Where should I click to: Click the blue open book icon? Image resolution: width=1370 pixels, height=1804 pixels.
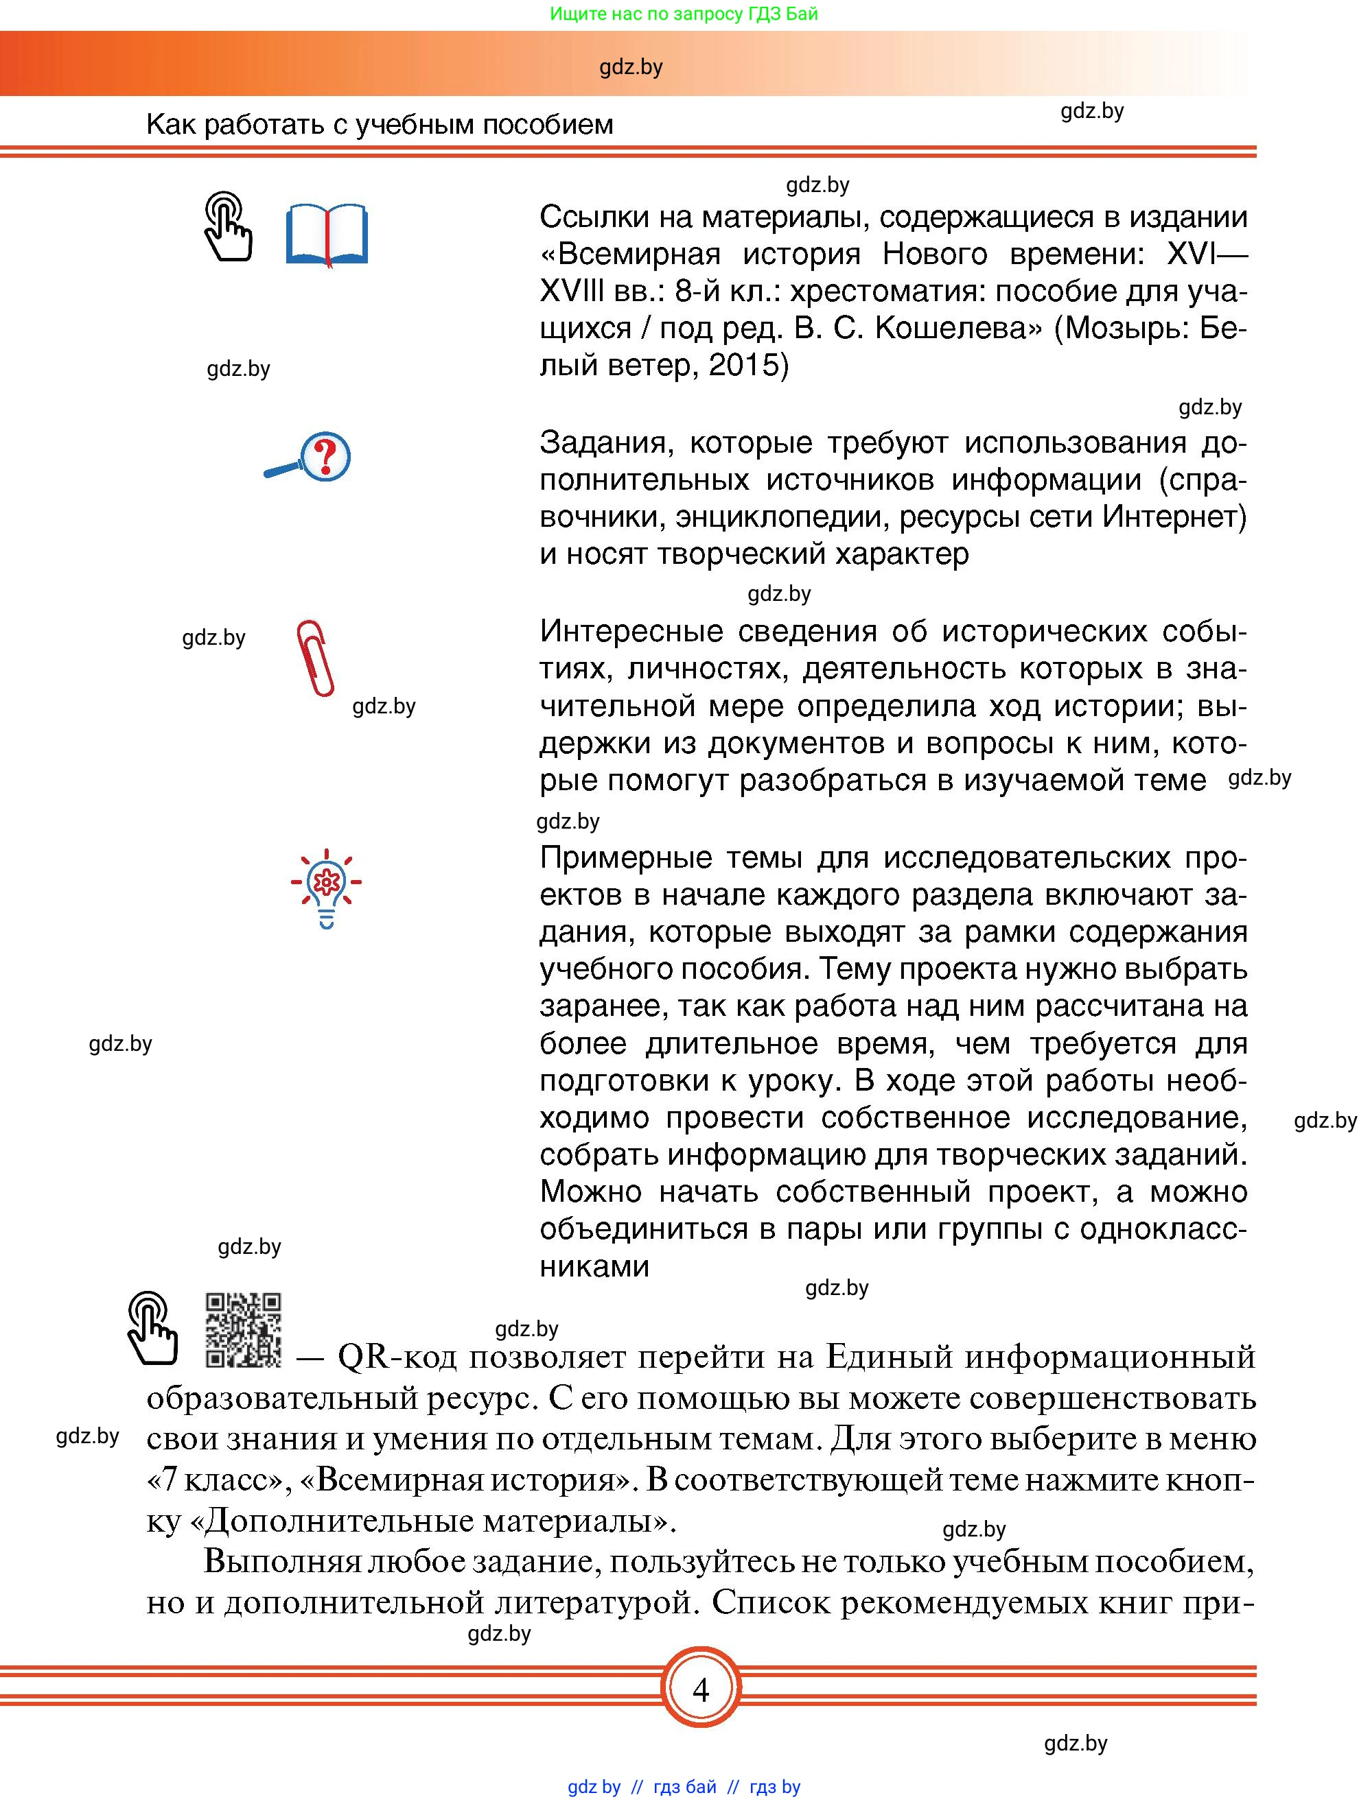tap(327, 235)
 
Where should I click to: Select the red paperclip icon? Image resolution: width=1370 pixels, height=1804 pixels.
tap(315, 657)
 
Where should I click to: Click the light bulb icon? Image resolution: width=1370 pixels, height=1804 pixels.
tap(327, 888)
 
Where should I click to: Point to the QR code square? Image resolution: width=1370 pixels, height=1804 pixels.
tap(243, 1329)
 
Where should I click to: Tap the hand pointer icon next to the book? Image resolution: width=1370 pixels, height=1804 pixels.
tap(228, 227)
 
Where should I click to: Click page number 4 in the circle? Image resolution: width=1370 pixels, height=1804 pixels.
tap(700, 1689)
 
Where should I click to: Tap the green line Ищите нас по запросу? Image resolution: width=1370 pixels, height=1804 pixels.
tap(684, 14)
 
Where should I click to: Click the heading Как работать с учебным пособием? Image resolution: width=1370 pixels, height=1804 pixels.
tap(380, 124)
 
